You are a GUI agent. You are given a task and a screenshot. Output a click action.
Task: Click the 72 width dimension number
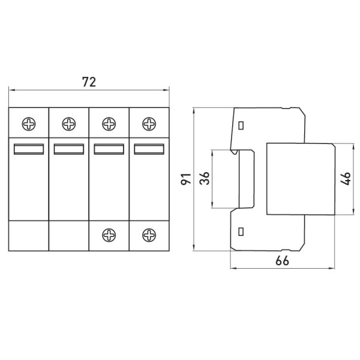pos(89,83)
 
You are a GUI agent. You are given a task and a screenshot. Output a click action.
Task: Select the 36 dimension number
pos(205,179)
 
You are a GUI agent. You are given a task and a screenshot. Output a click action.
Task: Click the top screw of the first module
pos(29,124)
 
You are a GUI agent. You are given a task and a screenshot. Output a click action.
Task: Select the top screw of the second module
pos(69,124)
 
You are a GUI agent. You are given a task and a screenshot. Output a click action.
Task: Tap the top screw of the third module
pos(109,124)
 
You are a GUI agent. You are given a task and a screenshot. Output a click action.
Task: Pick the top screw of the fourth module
pos(148,124)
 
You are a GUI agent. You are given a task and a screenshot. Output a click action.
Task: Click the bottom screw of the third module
pos(109,234)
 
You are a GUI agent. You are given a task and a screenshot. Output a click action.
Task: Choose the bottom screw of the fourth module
pos(148,234)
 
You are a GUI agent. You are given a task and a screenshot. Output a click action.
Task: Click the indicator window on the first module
pos(29,149)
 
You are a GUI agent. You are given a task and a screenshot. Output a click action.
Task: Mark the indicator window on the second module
pos(69,149)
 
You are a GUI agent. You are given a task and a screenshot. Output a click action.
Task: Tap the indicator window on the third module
pos(109,149)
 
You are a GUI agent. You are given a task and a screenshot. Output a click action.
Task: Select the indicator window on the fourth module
pos(148,149)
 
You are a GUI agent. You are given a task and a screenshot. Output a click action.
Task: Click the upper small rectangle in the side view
pos(241,126)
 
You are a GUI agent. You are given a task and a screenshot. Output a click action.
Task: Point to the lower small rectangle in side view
pos(241,232)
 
